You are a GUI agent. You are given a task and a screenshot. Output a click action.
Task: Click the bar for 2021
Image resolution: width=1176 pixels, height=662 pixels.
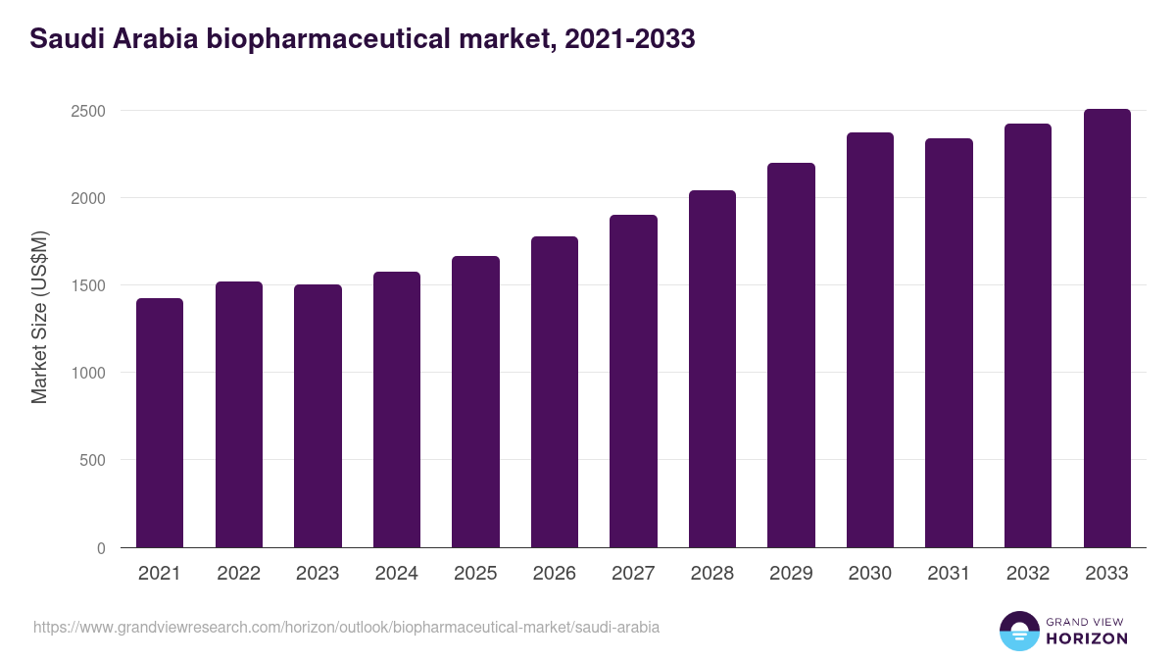(x=160, y=423)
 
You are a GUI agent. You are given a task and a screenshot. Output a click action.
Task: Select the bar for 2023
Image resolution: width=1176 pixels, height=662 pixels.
(x=318, y=416)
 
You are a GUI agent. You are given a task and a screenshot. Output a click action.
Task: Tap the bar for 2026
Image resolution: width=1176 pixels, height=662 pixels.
(x=555, y=392)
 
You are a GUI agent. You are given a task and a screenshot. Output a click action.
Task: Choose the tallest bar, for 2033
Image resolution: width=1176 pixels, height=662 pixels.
(x=1106, y=329)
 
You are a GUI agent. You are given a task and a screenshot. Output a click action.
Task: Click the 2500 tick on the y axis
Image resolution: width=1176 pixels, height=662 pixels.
(x=87, y=111)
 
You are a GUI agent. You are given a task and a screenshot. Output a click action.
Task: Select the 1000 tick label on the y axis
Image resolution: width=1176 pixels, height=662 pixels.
(x=87, y=373)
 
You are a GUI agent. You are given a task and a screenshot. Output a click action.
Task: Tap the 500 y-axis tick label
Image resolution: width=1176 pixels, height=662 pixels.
(x=92, y=460)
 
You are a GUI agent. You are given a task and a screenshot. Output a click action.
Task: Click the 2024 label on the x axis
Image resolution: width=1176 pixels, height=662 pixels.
(x=397, y=574)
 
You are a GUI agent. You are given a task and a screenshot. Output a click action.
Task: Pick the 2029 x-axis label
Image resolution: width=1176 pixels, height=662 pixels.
(x=791, y=574)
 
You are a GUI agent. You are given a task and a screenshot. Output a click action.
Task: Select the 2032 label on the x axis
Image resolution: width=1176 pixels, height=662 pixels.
(x=1028, y=574)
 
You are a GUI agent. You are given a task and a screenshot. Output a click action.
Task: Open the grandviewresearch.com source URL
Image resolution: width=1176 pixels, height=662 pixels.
(x=346, y=627)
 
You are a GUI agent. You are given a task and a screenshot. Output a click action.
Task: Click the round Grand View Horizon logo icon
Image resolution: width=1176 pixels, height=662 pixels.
(x=1018, y=631)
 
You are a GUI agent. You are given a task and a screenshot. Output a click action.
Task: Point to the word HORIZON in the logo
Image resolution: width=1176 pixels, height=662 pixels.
(x=1088, y=638)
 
